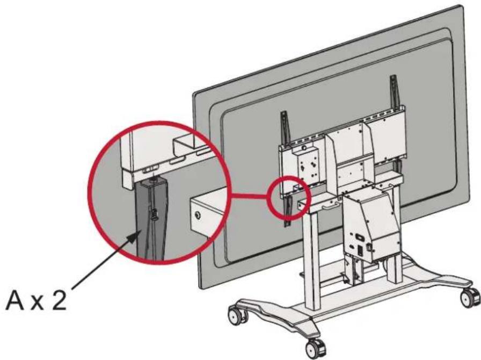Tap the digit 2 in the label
pos(59,300)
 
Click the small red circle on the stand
pos(287,197)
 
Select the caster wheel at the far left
pos(237,315)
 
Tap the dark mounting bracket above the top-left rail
pos(285,127)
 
